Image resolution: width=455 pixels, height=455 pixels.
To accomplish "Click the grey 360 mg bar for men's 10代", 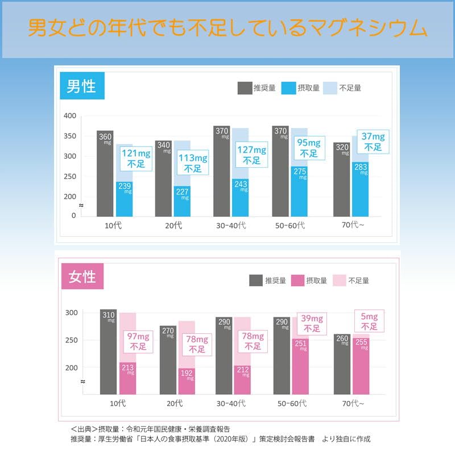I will point(105,173).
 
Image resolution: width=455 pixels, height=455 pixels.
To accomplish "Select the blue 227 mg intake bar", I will point(183,201).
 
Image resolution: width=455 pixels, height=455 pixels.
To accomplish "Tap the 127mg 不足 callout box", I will point(252,155).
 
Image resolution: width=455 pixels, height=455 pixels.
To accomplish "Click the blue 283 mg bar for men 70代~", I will point(360,189).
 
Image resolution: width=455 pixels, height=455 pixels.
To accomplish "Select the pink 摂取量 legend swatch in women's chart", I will point(298,280).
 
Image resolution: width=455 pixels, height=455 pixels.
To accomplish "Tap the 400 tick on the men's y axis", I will point(70,116).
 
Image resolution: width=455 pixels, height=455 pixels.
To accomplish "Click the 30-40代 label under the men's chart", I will point(231,225).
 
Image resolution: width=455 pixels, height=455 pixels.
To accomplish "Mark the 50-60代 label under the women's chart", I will point(291,403).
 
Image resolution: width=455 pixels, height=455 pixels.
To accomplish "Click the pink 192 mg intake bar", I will point(187,381).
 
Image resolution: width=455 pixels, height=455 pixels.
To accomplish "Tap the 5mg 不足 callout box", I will point(369,321).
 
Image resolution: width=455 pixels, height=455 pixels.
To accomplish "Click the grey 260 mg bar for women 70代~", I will point(341,364).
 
